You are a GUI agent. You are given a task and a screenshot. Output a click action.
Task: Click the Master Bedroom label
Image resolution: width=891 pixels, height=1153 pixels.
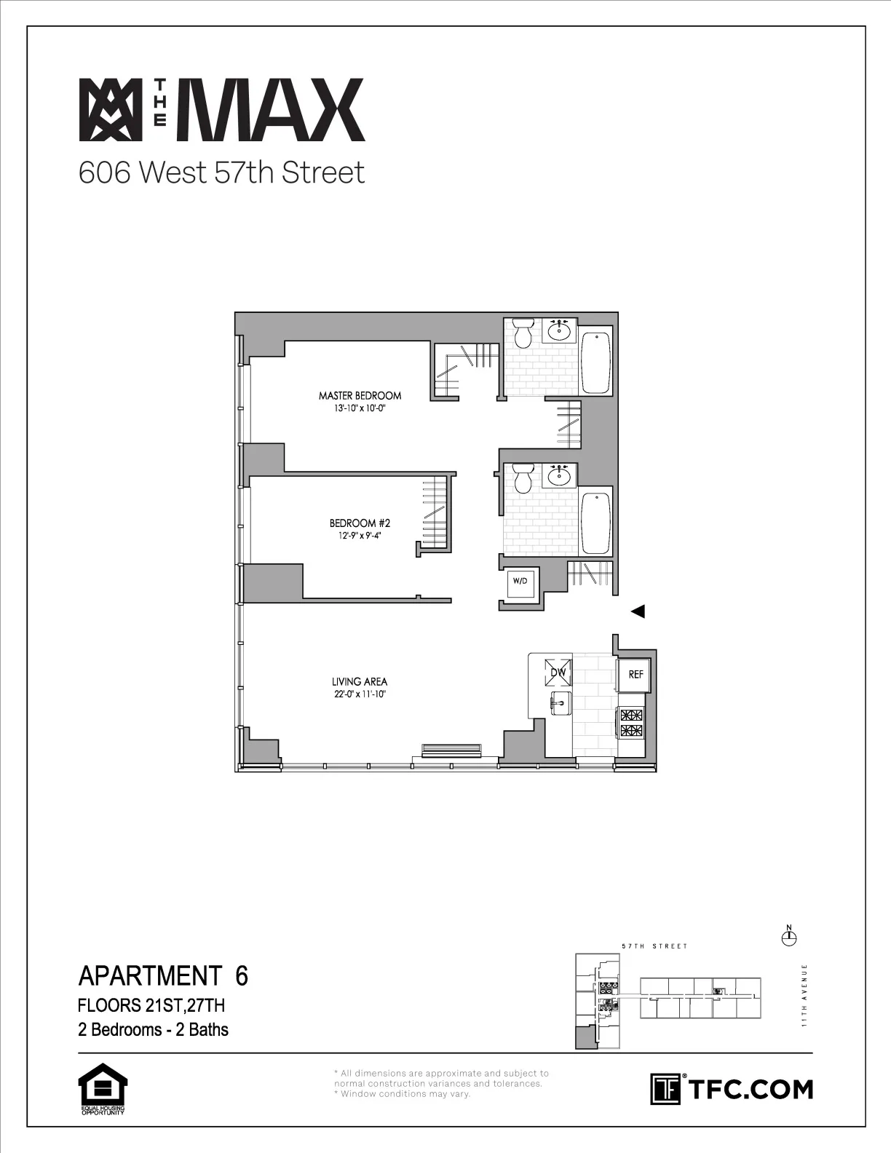point(360,396)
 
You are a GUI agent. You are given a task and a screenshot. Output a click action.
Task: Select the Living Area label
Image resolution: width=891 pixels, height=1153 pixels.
point(360,682)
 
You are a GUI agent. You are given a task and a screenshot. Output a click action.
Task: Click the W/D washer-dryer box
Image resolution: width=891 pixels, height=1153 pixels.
point(520,582)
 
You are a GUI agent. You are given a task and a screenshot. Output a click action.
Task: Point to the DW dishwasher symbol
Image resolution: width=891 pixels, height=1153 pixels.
point(558,673)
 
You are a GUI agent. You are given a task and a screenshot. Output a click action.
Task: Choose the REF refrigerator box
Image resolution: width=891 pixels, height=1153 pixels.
point(635,675)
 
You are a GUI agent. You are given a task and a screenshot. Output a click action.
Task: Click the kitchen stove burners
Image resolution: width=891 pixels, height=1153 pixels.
point(630,723)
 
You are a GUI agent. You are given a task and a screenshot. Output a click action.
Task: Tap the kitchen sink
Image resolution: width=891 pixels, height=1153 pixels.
point(558,703)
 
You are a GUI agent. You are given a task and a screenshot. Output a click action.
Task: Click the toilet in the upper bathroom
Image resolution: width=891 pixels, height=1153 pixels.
point(523,333)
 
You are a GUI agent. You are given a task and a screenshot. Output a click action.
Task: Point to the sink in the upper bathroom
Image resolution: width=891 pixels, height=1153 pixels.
point(559,331)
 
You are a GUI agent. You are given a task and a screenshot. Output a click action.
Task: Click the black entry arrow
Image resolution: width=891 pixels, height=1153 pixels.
point(638,611)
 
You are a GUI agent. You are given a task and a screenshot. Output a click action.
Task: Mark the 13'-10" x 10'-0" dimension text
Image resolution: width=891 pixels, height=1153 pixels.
point(360,409)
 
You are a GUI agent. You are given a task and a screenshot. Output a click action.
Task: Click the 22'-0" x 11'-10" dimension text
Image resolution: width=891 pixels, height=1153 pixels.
point(360,694)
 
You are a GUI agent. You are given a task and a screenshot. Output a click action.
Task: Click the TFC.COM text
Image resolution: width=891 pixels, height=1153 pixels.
point(750,1089)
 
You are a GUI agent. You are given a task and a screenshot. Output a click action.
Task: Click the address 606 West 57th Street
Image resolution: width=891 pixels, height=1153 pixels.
point(221,173)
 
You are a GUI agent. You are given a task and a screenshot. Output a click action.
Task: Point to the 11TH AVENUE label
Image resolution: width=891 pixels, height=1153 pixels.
point(804,995)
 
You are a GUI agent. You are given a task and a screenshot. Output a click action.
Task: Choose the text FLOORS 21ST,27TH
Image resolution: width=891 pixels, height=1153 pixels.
point(151,1006)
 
